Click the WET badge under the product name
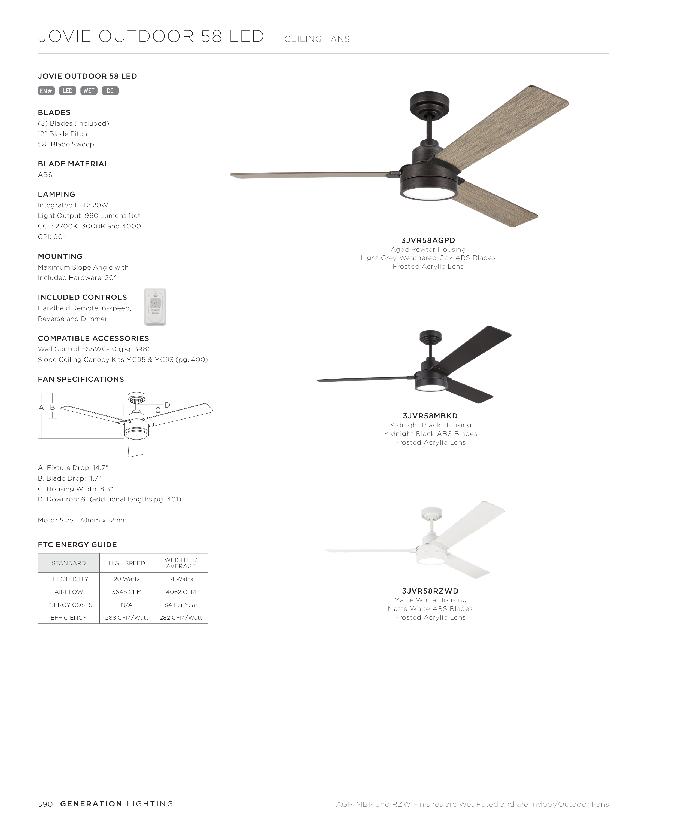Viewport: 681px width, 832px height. (x=89, y=91)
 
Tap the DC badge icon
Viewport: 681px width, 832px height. (x=110, y=91)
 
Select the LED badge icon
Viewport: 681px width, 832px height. (x=68, y=91)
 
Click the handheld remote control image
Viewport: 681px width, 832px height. (x=155, y=307)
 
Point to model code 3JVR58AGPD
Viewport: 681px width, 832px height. (x=428, y=240)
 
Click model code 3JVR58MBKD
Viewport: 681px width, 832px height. (x=430, y=416)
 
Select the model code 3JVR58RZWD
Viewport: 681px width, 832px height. (x=430, y=591)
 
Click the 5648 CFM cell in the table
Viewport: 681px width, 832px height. (x=127, y=592)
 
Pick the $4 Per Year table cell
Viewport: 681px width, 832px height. (x=181, y=605)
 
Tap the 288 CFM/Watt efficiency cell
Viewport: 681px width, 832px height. (x=127, y=617)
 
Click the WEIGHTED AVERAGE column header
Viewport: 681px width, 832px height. (x=181, y=563)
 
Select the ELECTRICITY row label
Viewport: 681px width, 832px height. (x=69, y=579)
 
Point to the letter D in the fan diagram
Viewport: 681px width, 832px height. (x=168, y=405)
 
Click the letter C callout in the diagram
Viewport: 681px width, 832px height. (x=158, y=410)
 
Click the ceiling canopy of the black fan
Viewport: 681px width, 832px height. (x=430, y=336)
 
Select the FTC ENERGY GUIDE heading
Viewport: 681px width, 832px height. (x=77, y=545)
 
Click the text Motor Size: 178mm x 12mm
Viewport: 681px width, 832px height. (x=82, y=520)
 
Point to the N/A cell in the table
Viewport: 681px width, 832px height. (x=127, y=605)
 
